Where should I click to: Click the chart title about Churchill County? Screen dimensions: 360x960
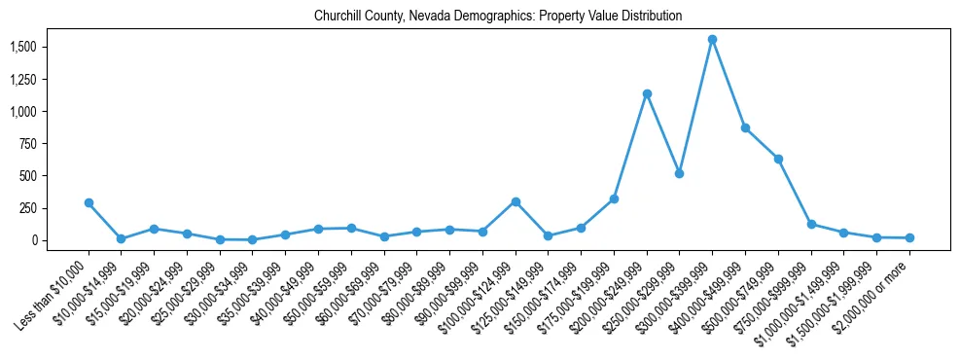tap(498, 17)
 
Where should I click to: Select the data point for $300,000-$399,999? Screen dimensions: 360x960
tap(712, 40)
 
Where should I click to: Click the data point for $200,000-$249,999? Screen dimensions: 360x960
tap(647, 94)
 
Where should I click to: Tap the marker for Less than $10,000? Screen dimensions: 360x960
tap(89, 203)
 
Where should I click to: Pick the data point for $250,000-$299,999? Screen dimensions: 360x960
tap(679, 173)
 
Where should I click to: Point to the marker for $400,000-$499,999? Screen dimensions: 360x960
tap(745, 128)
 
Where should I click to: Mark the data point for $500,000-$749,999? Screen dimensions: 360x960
tap(778, 159)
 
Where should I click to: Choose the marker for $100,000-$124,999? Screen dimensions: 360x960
tap(516, 201)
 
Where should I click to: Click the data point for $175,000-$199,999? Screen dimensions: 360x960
tap(614, 199)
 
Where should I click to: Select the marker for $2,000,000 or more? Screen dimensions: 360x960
tap(909, 238)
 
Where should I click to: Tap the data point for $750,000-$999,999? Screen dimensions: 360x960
tap(811, 225)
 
